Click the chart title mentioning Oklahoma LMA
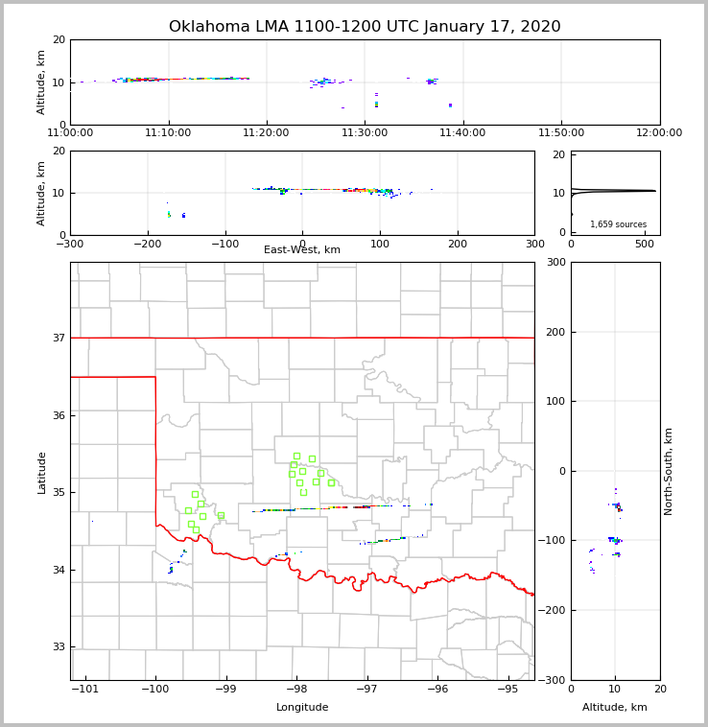tap(365, 27)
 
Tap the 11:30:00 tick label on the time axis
tap(366, 133)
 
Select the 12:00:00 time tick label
tap(659, 133)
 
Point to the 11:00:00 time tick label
tap(71, 133)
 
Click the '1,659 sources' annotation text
tap(618, 224)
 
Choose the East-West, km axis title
tap(302, 250)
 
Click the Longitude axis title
tap(302, 708)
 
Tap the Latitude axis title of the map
tap(41, 472)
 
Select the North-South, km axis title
tap(669, 471)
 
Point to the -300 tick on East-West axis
tap(70, 244)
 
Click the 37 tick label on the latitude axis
tap(57, 338)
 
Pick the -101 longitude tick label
tap(85, 690)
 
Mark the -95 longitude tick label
tap(507, 690)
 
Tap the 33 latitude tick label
tap(57, 647)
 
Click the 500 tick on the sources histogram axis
tap(644, 244)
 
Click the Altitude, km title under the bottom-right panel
tap(615, 708)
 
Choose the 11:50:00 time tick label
tap(561, 133)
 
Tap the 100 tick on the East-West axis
tap(380, 244)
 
